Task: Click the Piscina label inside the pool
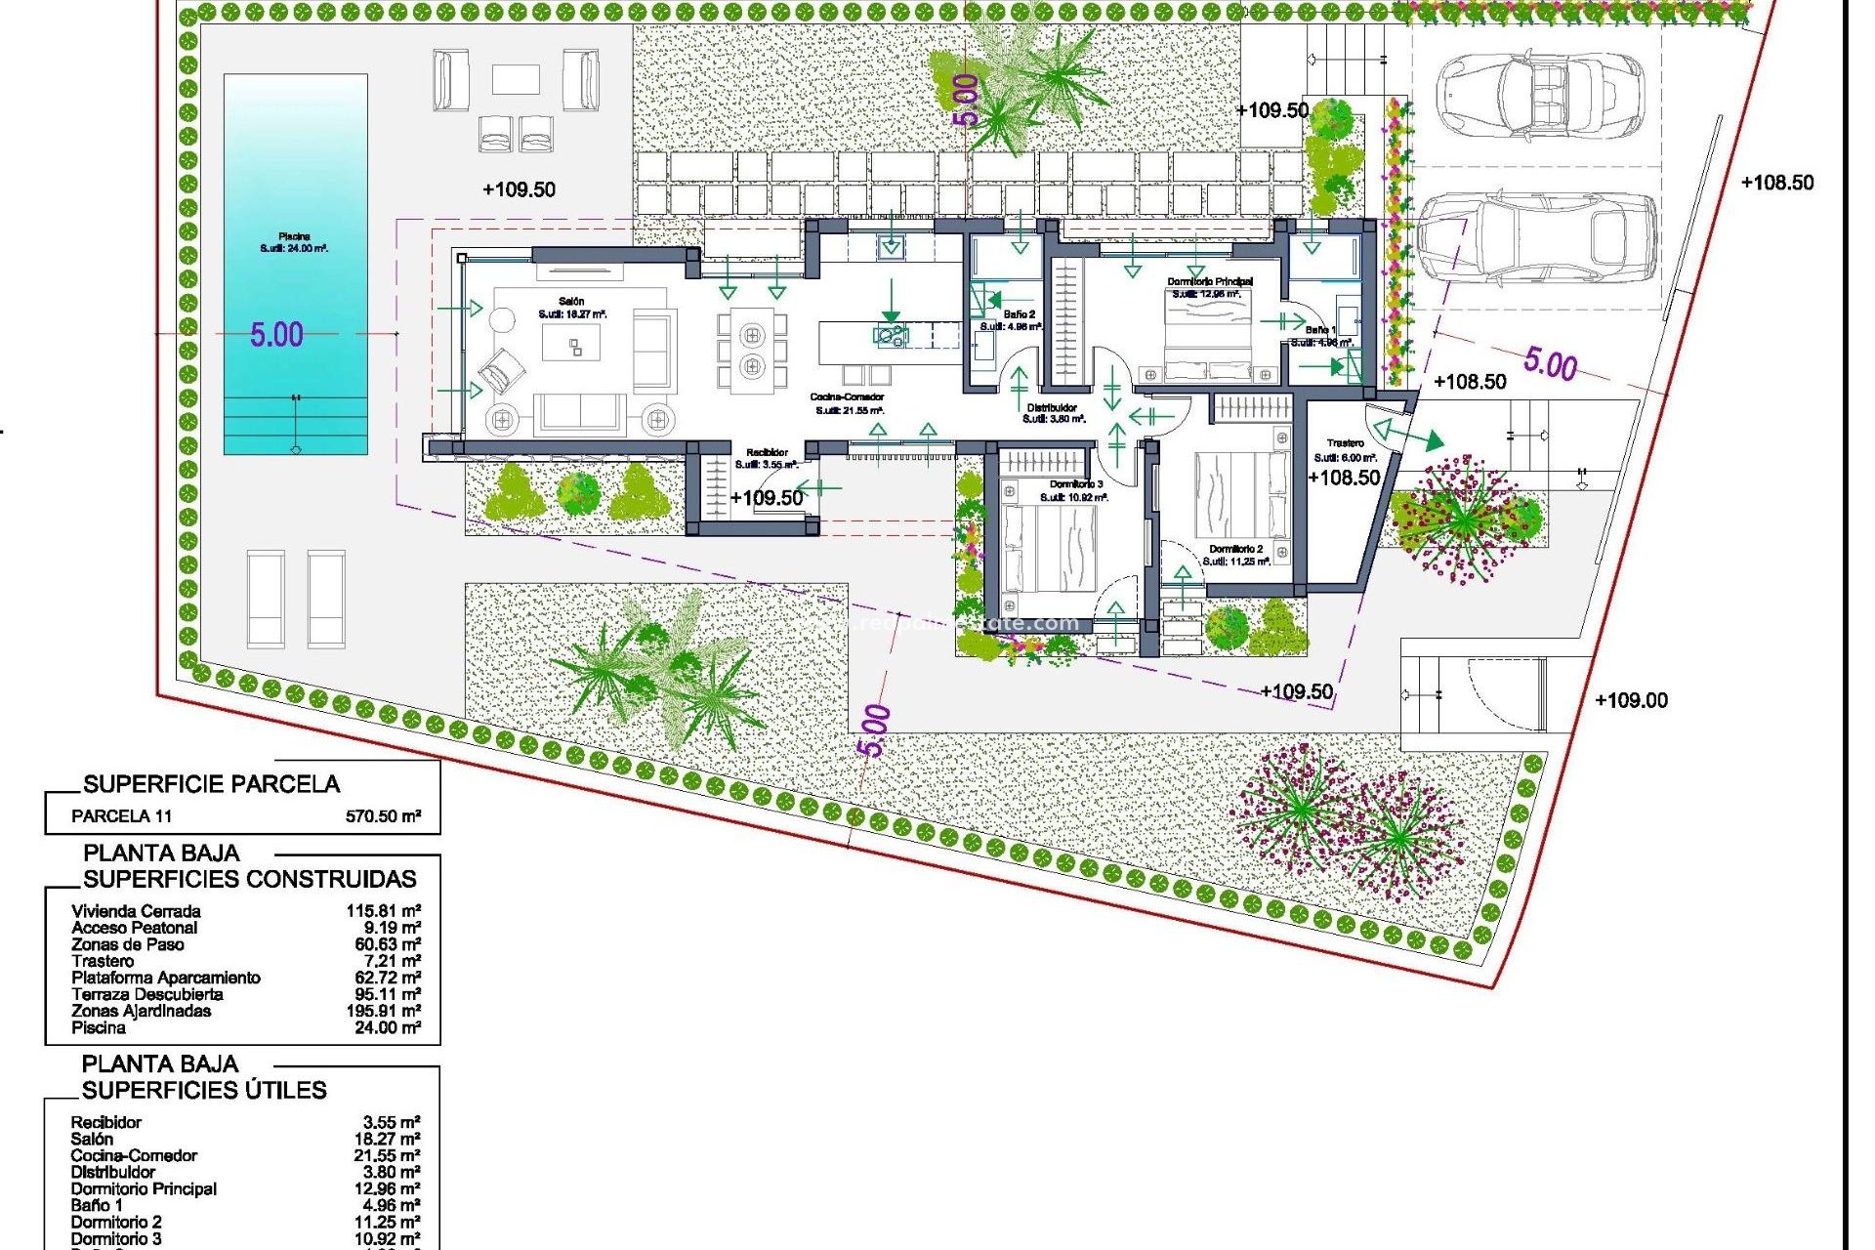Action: point(294,236)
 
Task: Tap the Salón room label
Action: point(571,302)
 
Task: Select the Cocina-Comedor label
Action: point(847,397)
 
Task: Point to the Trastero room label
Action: point(1345,443)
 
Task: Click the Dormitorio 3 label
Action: point(1076,484)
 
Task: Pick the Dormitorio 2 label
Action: point(1235,549)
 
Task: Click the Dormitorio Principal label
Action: point(1209,281)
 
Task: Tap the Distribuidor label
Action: point(1052,407)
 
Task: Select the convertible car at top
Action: point(1538,94)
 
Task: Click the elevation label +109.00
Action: point(1631,700)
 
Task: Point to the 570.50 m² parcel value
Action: point(383,816)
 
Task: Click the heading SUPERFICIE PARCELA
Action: point(211,784)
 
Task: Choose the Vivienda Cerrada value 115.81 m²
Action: point(383,911)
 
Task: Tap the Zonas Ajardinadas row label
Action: point(141,1011)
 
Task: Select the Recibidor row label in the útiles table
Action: point(105,1122)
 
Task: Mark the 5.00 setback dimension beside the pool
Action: point(276,335)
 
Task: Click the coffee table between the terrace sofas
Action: point(516,79)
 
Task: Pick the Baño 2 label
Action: point(1019,314)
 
